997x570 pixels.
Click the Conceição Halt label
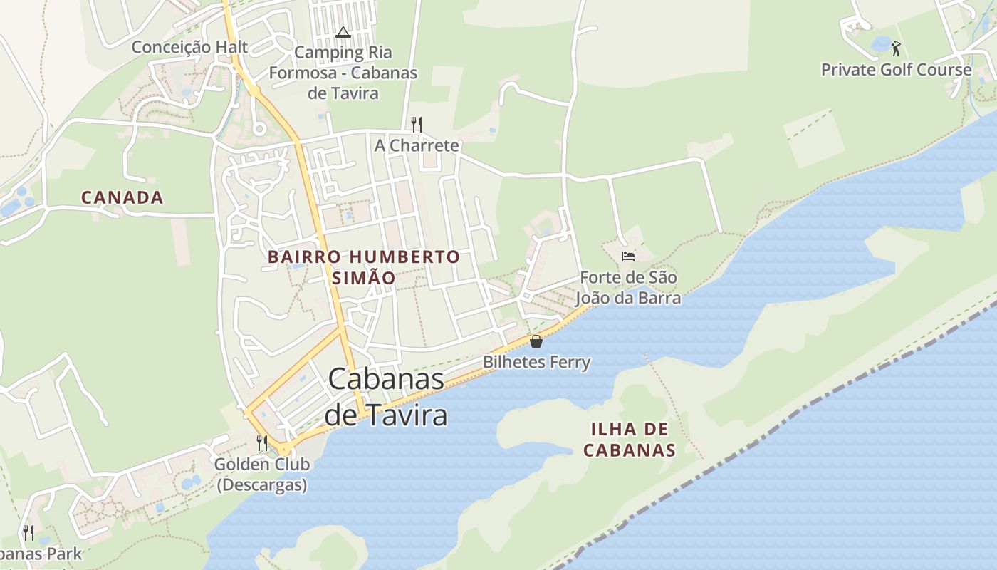189,47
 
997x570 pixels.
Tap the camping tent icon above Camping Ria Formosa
343,32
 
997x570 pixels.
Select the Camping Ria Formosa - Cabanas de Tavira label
343,73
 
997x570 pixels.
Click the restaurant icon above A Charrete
417,125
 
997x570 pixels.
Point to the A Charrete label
417,145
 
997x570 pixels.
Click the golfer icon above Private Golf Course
896,48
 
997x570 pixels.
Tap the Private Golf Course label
896,70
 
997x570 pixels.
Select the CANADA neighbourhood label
122,197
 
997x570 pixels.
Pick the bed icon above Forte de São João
627,256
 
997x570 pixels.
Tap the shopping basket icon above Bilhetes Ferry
536,341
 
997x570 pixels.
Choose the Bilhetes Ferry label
536,362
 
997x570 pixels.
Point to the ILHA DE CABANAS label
629,439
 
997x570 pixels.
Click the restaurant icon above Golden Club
262,443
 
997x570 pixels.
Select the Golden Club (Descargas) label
262,475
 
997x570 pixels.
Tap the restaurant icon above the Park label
28,532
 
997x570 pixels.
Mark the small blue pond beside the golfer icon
881,44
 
